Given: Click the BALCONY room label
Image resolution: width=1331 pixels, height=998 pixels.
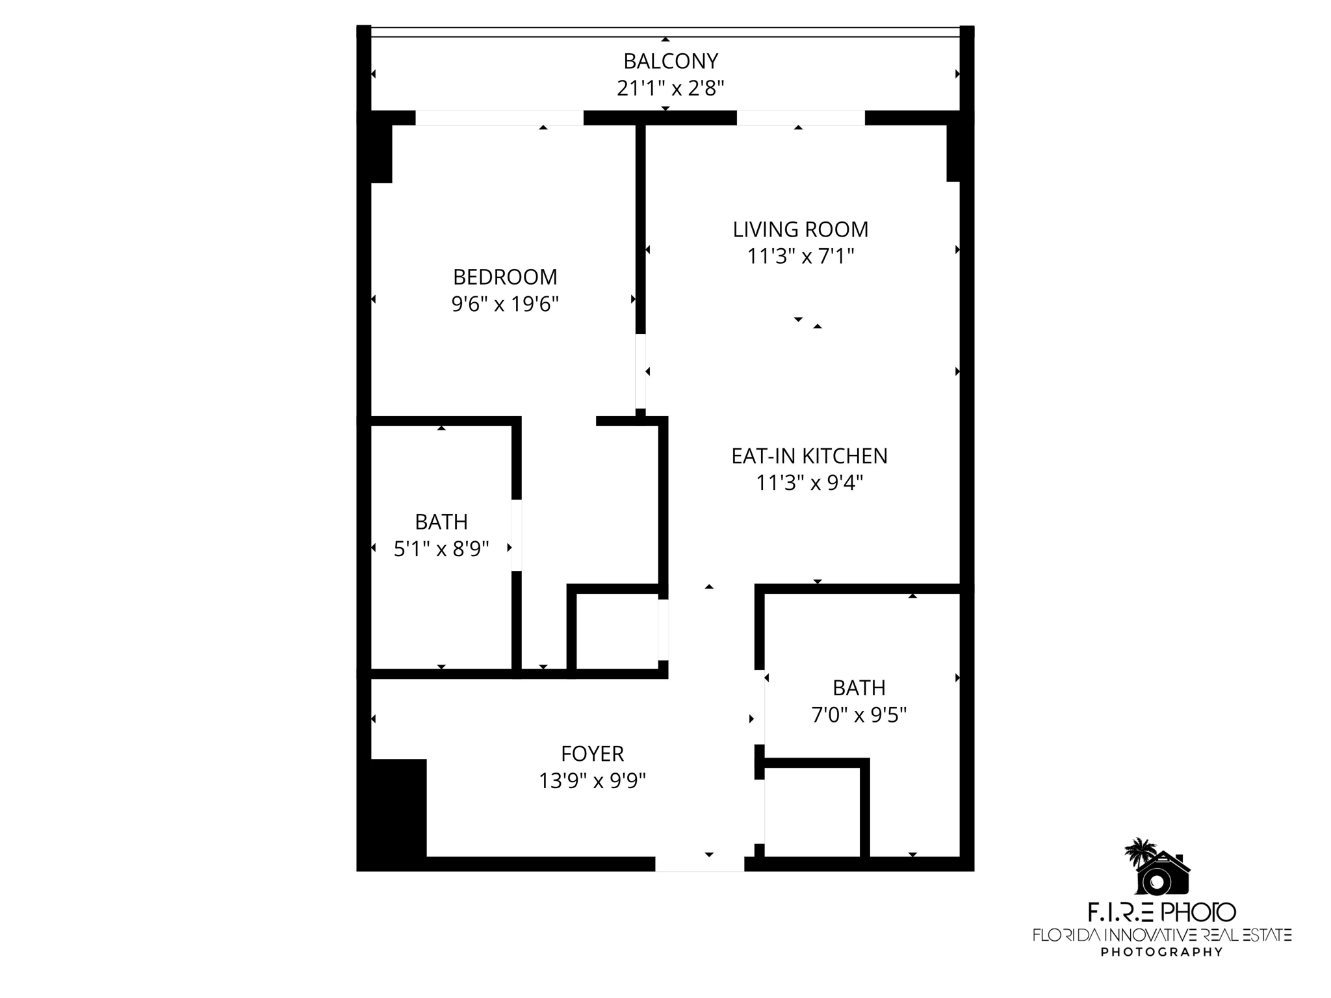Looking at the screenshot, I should (671, 61).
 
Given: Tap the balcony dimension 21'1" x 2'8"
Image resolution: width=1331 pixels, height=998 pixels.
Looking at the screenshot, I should (671, 88).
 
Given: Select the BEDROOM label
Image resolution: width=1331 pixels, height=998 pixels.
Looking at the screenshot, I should (505, 277).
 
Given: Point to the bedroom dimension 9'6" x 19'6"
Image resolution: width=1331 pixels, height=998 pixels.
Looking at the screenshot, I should (505, 304).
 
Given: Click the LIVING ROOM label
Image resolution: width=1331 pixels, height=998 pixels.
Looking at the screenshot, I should (800, 229).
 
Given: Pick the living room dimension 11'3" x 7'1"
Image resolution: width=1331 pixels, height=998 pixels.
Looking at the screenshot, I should (800, 257).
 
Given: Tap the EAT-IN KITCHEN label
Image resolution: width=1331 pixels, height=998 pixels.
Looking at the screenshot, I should (809, 456).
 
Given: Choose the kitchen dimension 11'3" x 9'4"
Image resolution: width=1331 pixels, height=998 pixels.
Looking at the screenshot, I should (809, 483).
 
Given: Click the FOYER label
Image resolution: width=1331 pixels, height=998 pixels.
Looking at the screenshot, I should (592, 754).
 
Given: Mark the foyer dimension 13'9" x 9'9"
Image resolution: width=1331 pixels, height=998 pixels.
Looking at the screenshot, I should (592, 780).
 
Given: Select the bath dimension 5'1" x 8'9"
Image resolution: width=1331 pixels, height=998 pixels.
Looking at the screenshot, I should (441, 550).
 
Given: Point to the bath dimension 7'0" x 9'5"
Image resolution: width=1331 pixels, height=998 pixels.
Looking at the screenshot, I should (859, 715).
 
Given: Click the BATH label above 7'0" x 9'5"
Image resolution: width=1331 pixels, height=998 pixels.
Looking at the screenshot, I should (859, 687).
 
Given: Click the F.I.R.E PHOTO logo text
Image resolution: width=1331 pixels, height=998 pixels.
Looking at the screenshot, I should (1161, 912).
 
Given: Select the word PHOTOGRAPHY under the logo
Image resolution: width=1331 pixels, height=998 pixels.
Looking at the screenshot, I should (1161, 952).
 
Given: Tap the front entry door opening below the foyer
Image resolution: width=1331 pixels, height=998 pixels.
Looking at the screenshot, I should (699, 864).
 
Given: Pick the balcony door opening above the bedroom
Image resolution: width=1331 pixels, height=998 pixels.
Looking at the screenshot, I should (499, 118).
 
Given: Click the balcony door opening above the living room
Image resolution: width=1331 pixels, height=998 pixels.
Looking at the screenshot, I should (800, 118).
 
